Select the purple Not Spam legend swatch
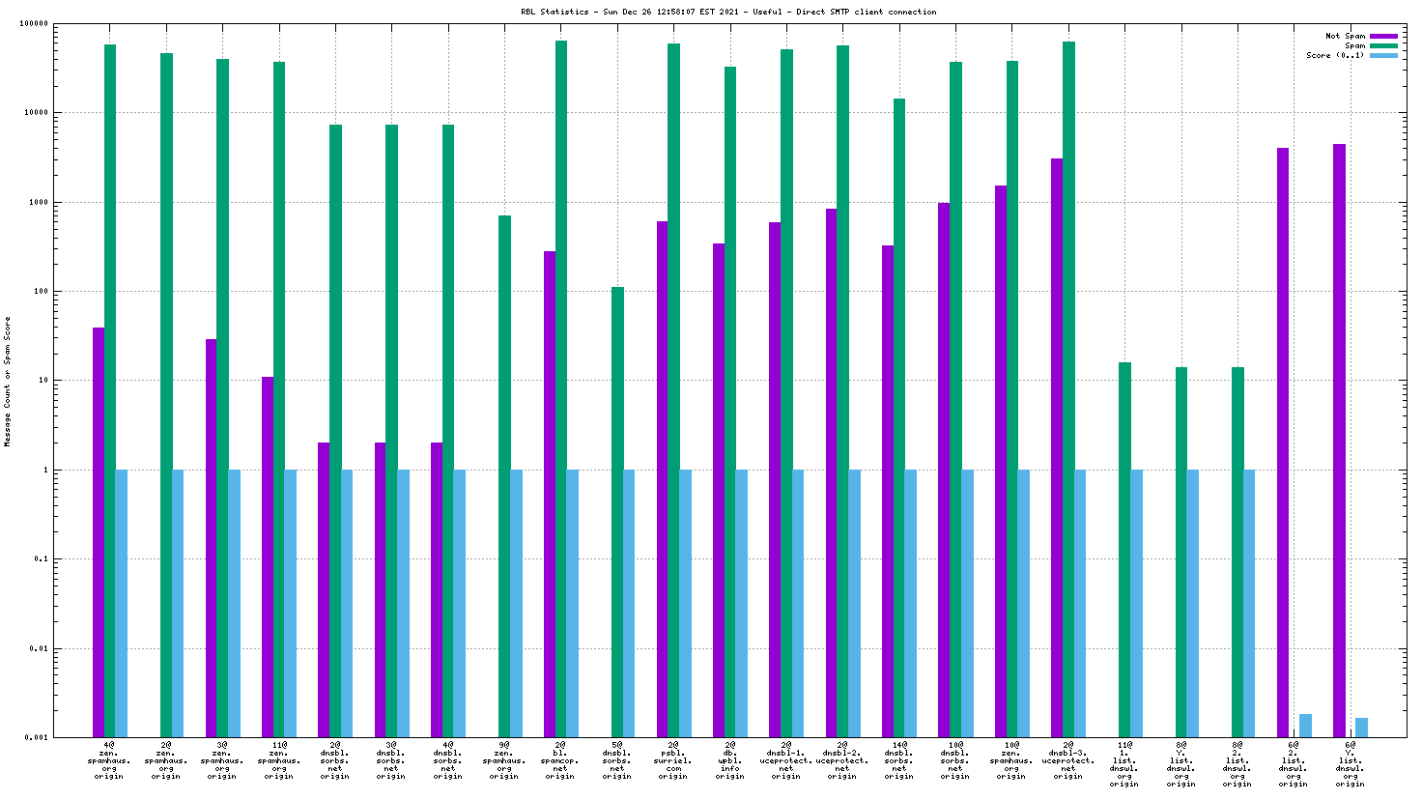1383,37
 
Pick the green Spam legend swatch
1383,45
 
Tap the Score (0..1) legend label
1336,55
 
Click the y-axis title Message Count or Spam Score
8,381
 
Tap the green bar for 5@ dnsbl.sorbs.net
617,512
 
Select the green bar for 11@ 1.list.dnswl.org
1124,550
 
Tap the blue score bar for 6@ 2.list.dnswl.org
1305,726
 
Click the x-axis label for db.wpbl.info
729,760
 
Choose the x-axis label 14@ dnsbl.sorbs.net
898,760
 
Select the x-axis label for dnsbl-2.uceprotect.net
842,760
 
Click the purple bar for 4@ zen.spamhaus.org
99,532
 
